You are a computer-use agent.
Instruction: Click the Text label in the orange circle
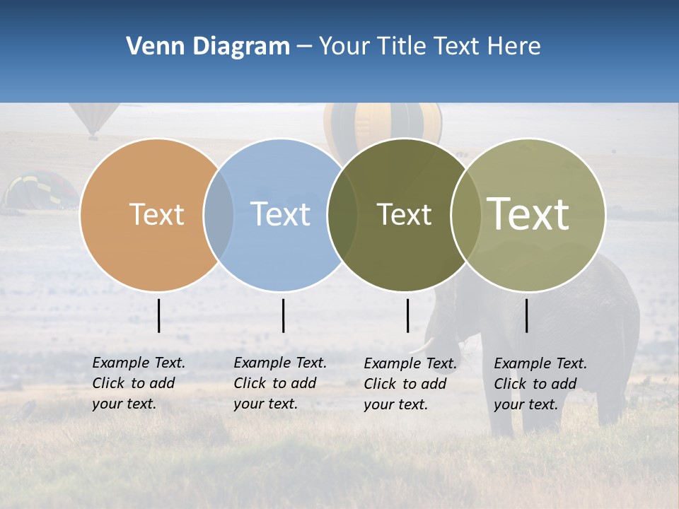point(156,214)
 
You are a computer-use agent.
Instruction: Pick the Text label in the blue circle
point(280,214)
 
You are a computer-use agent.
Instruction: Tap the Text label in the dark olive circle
point(404,214)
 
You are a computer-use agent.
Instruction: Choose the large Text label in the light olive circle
point(528,213)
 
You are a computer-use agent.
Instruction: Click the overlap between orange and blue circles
point(219,215)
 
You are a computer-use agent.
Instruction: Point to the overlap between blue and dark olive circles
point(342,215)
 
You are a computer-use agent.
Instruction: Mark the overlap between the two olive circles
point(466,215)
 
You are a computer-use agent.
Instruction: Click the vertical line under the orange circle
point(158,315)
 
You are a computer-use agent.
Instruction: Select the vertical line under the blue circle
point(283,315)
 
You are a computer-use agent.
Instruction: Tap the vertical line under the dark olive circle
point(407,315)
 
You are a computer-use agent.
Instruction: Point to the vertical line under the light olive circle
point(526,315)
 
